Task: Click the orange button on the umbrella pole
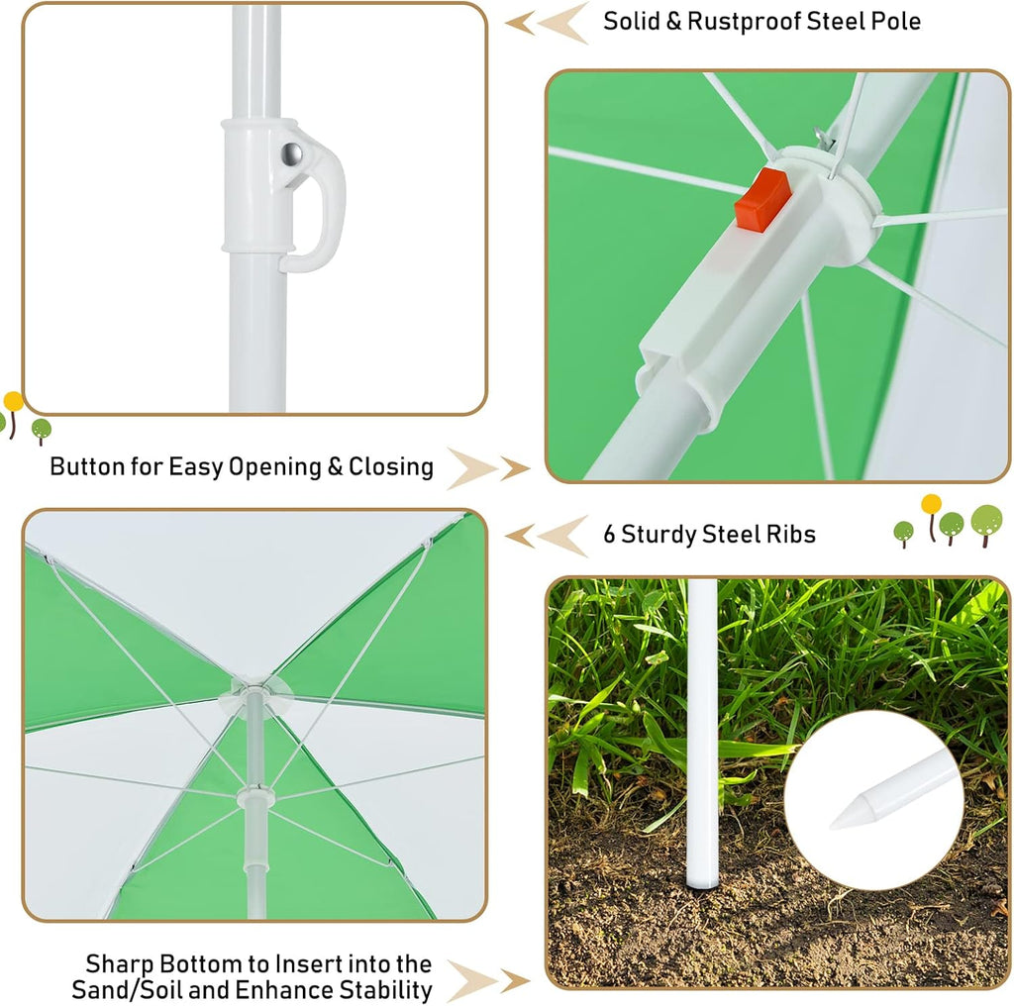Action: (x=763, y=199)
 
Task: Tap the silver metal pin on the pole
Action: (x=292, y=153)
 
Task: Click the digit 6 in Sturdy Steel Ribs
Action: (x=609, y=534)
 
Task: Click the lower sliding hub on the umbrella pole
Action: (x=255, y=796)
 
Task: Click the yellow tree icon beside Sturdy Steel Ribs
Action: (x=931, y=517)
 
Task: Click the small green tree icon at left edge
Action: (x=42, y=430)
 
